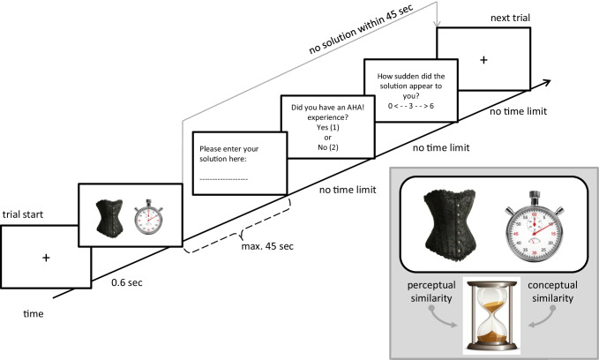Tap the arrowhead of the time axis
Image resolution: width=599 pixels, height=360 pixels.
[555, 79]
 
